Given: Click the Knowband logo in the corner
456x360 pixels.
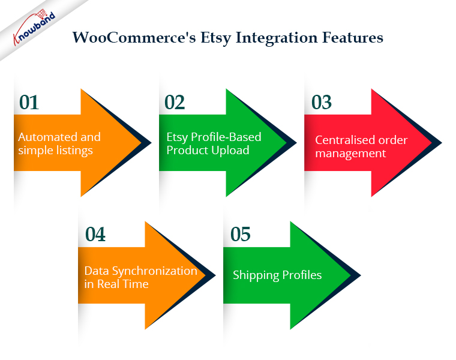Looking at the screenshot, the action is pyautogui.click(x=34, y=27).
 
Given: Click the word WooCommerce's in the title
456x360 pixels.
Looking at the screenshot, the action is pyautogui.click(x=134, y=38).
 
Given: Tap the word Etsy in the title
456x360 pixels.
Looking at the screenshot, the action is pyautogui.click(x=216, y=38).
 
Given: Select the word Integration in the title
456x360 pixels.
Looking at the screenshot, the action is pyautogui.click(x=277, y=38).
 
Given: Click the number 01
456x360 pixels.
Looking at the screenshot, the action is pyautogui.click(x=29, y=103).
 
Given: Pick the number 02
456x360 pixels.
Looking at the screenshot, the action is pyautogui.click(x=175, y=103).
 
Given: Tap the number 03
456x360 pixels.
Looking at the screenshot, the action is pyautogui.click(x=322, y=103).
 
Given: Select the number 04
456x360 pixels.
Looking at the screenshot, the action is pyautogui.click(x=95, y=235).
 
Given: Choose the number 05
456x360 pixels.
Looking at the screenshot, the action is pyautogui.click(x=240, y=235).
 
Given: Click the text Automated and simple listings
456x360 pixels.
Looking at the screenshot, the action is pyautogui.click(x=59, y=143).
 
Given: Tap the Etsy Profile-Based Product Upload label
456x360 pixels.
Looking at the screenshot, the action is pyautogui.click(x=214, y=143).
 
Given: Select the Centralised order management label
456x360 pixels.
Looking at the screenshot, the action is pyautogui.click(x=361, y=147).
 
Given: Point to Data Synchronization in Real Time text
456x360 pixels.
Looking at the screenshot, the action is pyautogui.click(x=141, y=277).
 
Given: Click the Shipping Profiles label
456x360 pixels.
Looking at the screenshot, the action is pyautogui.click(x=277, y=275).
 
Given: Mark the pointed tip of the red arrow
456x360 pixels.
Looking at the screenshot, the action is pyautogui.click(x=441, y=143).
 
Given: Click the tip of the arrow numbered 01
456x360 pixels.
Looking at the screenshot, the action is pyautogui.click(x=151, y=143).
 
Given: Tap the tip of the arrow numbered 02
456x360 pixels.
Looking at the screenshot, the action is pyautogui.click(x=296, y=143).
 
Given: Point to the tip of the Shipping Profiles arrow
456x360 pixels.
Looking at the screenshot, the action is pyautogui.click(x=360, y=275).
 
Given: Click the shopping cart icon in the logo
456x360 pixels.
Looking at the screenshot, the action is pyautogui.click(x=41, y=13).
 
